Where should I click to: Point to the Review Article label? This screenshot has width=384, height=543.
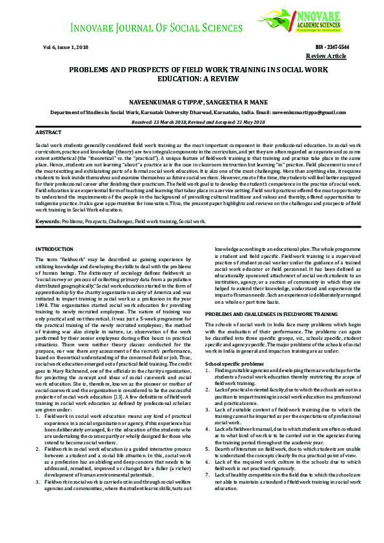tap(330, 56)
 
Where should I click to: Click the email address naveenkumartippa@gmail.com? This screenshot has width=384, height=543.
tap(318, 111)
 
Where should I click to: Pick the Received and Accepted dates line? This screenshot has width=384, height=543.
tap(192, 121)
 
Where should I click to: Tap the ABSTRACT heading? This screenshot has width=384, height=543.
tap(48, 132)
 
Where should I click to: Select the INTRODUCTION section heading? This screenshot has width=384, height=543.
tap(55, 249)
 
